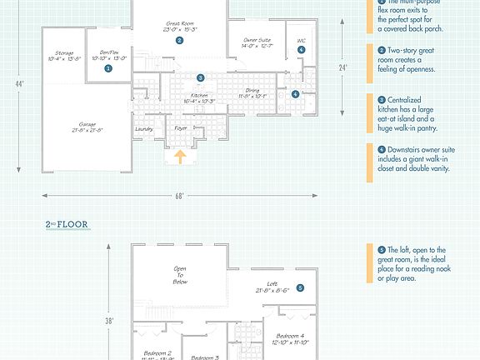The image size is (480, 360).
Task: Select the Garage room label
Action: [88, 127]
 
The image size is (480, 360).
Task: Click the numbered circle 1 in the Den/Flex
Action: [107, 69]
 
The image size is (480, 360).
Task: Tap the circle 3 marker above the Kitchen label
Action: [200, 77]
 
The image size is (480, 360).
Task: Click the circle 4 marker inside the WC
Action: [301, 50]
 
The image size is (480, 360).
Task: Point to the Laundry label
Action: [143, 129]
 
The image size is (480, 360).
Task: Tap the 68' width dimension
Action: [180, 196]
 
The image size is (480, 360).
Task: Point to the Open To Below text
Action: [179, 275]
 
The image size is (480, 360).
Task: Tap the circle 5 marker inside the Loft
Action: [300, 288]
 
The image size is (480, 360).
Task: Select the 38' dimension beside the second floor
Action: [109, 320]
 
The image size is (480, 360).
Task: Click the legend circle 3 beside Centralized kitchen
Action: [382, 99]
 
